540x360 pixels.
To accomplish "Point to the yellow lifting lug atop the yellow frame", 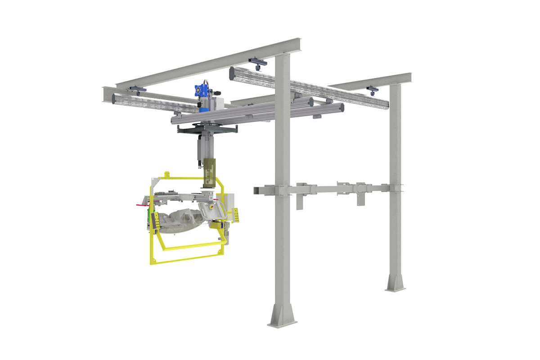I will click(167, 175).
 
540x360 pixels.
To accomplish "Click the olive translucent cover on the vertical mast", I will click(209, 172).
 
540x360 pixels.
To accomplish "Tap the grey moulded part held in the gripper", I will click(180, 220).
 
